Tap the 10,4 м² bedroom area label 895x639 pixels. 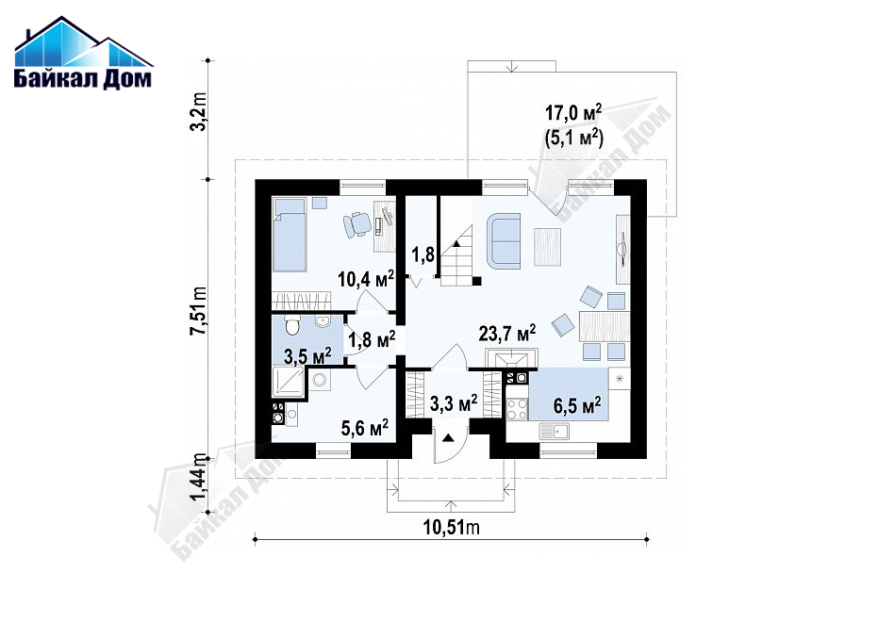(x=365, y=279)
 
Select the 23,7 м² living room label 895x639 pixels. (x=507, y=333)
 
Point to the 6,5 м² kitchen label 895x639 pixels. (x=577, y=405)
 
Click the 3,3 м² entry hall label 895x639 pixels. (x=454, y=404)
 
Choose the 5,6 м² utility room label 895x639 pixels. (x=365, y=427)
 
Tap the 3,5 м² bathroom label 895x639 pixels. (x=307, y=356)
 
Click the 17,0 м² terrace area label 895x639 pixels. (x=573, y=112)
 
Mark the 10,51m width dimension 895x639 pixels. (x=452, y=528)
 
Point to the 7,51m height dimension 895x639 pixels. (x=198, y=311)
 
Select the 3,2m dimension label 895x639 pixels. (x=198, y=119)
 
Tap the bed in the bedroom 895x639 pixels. (x=290, y=234)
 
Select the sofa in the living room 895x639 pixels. (x=504, y=240)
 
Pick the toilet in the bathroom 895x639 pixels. (x=292, y=327)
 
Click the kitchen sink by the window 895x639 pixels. (x=555, y=432)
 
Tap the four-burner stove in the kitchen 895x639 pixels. (x=518, y=409)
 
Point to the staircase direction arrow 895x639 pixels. (x=456, y=243)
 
